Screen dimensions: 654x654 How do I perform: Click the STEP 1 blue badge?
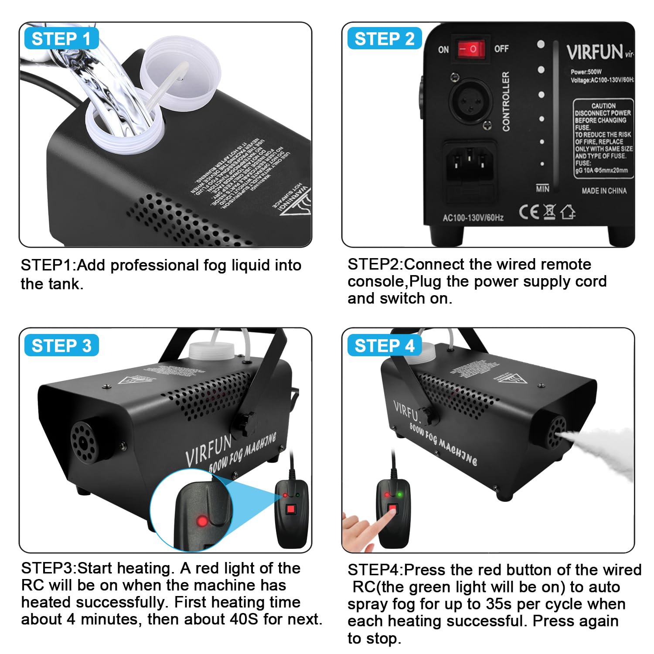tap(61, 39)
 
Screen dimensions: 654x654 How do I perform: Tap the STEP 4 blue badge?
tap(384, 346)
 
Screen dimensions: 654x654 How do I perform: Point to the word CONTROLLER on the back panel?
tap(506, 102)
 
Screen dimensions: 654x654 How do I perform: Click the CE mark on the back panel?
tap(528, 212)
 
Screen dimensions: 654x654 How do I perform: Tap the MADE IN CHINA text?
tap(604, 191)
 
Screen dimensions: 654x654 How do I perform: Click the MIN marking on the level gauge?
tap(542, 189)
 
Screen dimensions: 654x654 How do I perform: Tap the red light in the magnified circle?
tap(202, 521)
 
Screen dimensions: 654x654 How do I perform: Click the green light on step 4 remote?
tap(400, 494)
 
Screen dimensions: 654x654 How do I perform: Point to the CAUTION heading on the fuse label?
tap(603, 106)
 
